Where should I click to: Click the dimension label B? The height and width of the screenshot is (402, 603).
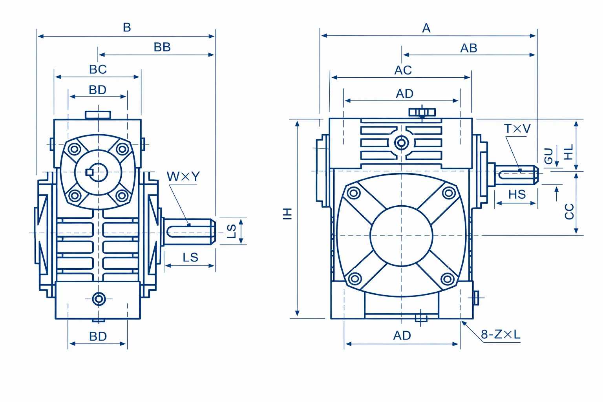[x=127, y=27]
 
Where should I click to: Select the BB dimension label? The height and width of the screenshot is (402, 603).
[x=162, y=47]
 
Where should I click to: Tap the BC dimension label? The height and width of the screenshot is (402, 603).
[x=98, y=69]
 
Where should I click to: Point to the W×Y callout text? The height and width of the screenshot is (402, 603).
[x=183, y=177]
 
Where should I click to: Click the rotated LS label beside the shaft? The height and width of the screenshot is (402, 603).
[x=232, y=231]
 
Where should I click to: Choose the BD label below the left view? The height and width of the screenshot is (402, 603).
[x=98, y=336]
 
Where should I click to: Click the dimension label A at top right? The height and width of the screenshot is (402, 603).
[x=426, y=28]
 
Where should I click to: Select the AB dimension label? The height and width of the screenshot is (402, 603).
[x=469, y=48]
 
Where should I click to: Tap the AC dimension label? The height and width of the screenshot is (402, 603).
[x=403, y=70]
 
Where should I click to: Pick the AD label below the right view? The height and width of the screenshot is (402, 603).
[x=402, y=336]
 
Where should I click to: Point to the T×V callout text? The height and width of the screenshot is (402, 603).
[x=517, y=129]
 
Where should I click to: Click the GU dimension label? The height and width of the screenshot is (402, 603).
[x=548, y=156]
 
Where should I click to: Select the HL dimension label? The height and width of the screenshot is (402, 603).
[x=568, y=152]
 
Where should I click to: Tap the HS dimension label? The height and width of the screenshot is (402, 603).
[x=517, y=194]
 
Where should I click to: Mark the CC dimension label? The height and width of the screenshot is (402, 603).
[x=569, y=212]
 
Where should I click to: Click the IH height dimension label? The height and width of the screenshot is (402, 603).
[x=287, y=214]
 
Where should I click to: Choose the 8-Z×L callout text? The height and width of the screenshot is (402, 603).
[x=501, y=334]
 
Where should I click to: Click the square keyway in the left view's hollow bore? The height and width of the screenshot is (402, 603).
[x=90, y=172]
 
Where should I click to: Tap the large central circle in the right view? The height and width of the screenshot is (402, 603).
[x=401, y=236]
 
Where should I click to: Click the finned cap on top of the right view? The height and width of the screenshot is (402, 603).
[x=422, y=112]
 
